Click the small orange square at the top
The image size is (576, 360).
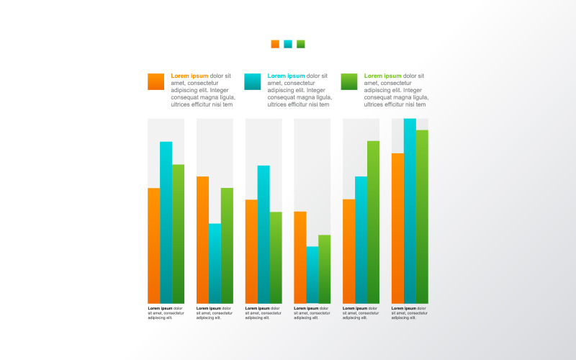(x=275, y=44)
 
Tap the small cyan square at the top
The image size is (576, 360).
(x=288, y=44)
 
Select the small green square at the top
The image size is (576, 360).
(x=301, y=44)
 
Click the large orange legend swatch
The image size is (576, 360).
(x=156, y=81)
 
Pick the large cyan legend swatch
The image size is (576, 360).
(x=253, y=81)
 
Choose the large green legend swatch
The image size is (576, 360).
(x=349, y=81)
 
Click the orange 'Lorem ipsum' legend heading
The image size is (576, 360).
(x=189, y=76)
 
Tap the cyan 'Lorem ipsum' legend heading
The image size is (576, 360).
(x=286, y=76)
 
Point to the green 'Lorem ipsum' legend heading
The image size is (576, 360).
(x=382, y=76)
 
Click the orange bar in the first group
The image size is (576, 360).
(x=154, y=245)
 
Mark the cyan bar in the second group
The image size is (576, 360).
(x=215, y=263)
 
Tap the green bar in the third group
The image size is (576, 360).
(x=276, y=257)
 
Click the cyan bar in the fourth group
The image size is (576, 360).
(x=312, y=274)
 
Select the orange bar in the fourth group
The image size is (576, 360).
(x=300, y=257)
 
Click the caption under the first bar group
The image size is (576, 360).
(x=166, y=312)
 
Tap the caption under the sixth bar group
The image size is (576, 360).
(x=410, y=312)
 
